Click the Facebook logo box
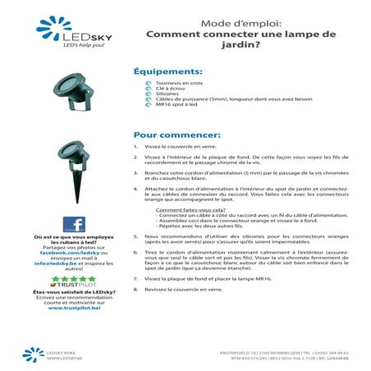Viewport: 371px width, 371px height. [x=74, y=224]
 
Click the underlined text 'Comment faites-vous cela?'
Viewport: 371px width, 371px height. [x=183, y=210]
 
